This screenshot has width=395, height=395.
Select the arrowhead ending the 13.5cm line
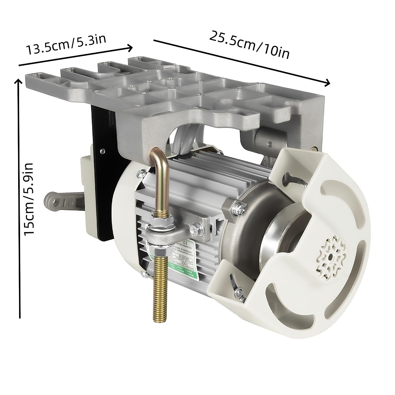click(130, 48)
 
